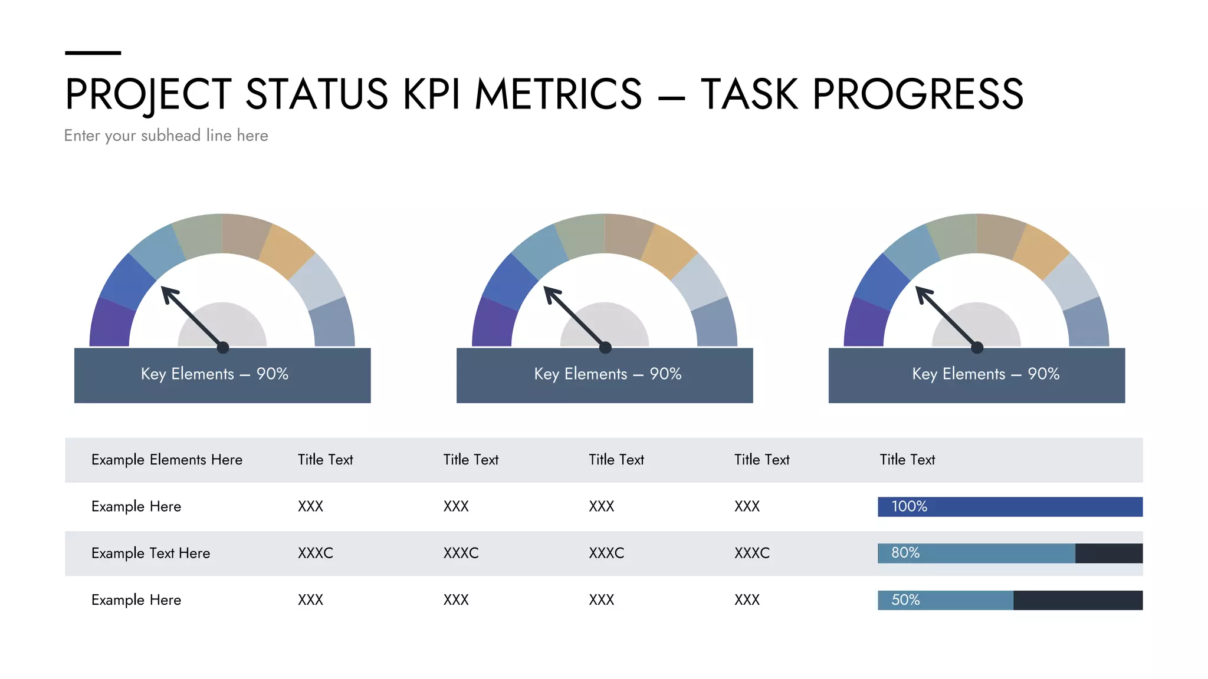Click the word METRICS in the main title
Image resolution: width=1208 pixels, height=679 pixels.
558,94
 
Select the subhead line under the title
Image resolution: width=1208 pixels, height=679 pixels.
166,136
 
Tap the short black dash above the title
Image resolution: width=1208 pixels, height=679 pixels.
93,53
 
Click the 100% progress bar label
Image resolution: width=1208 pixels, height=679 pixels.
909,506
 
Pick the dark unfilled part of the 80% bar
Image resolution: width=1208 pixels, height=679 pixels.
1108,553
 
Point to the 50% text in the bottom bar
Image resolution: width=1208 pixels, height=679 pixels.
905,600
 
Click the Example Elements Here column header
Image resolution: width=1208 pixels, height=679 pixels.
167,460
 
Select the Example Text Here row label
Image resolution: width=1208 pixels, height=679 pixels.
150,553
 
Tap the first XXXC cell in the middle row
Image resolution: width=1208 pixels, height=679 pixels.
316,553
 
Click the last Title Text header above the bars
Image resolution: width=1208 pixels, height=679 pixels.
907,460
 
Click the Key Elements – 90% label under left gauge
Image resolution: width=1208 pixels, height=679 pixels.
215,374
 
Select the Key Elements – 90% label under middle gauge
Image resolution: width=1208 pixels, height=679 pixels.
608,374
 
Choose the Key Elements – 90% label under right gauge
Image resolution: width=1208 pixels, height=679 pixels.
986,374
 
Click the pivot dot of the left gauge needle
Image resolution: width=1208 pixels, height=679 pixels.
223,348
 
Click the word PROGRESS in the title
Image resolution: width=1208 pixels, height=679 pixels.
917,94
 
